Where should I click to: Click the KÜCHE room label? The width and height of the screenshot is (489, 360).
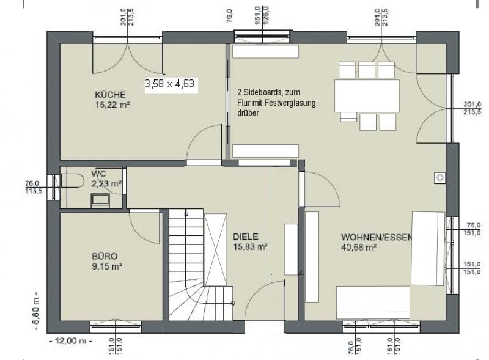[x=110, y=95]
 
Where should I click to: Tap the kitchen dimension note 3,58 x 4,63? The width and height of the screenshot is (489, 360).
[x=170, y=84]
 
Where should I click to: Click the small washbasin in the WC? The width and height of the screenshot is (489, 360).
[x=100, y=200]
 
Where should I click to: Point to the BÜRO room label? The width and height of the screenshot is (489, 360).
[x=105, y=257]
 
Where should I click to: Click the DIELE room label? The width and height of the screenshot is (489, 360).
[x=246, y=237]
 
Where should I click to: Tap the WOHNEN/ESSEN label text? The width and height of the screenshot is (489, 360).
[x=377, y=237]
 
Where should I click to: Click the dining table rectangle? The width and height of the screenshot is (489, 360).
[x=367, y=96]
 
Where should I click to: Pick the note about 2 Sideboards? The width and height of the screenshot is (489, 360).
[x=276, y=103]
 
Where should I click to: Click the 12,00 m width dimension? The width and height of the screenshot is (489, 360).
[x=70, y=340]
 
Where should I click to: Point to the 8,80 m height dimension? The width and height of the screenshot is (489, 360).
[x=36, y=311]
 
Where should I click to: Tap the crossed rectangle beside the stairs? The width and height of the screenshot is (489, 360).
[x=215, y=249]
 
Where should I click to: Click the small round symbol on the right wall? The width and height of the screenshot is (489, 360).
[x=440, y=178]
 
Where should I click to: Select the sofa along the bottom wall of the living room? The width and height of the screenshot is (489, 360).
[x=373, y=303]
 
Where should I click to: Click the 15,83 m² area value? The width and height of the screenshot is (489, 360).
[x=251, y=247]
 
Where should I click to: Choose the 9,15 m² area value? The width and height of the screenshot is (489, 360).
[x=106, y=266]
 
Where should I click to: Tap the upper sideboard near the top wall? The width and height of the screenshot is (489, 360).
[x=265, y=51]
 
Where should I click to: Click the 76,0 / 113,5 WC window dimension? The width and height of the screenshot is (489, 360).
[x=34, y=187]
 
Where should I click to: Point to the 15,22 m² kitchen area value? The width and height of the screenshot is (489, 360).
[x=112, y=105]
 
